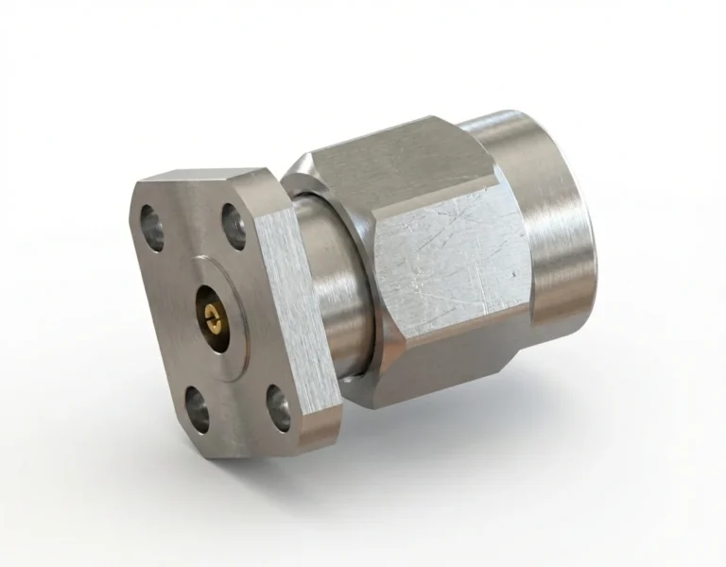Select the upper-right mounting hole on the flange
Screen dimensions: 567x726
233,227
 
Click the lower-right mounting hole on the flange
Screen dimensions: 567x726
278,398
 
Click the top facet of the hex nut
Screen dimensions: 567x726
397,161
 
